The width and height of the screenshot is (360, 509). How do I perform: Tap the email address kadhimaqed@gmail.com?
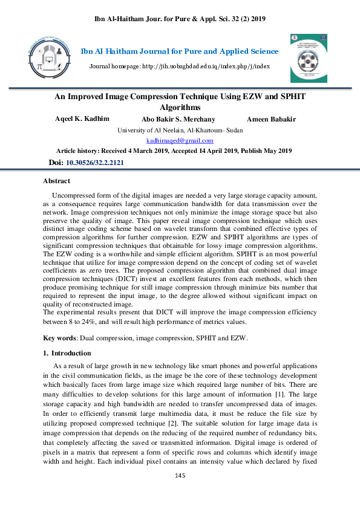(180, 140)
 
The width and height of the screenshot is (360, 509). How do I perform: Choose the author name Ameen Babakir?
(271, 119)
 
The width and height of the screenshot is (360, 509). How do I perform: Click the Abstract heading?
(56, 181)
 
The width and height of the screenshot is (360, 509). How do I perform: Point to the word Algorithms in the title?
(180, 107)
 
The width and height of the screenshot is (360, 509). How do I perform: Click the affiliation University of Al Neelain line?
(180, 130)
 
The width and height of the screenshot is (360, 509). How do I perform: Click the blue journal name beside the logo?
(180, 51)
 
